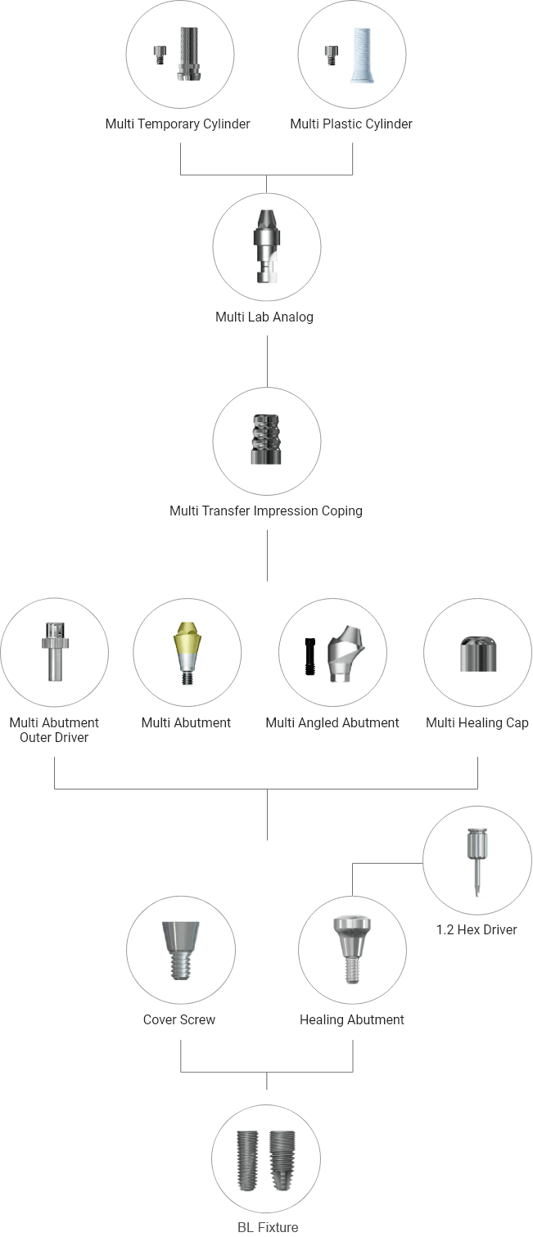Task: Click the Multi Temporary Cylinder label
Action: pos(178,124)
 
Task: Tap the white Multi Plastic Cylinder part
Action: pos(363,55)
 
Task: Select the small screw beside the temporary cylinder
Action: pos(159,56)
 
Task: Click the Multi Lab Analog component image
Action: pos(267,246)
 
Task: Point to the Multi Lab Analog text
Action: pos(264,317)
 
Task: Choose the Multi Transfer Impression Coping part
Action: pos(267,439)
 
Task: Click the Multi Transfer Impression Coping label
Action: pos(266,511)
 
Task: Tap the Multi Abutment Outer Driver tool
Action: pos(55,651)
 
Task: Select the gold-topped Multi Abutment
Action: pos(187,654)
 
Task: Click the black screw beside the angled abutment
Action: pos(310,657)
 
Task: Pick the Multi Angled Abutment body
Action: pos(346,654)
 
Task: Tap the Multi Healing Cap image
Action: pos(478,654)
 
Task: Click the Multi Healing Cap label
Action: pos(477,723)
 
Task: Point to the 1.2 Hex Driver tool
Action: pos(477,862)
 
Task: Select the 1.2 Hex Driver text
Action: pos(477,930)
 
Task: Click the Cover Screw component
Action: pos(180,951)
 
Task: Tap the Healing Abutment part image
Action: pos(351,950)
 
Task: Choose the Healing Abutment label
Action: pos(351,1020)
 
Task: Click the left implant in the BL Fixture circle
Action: pos(248,1160)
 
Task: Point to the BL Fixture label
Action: pos(268,1228)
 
